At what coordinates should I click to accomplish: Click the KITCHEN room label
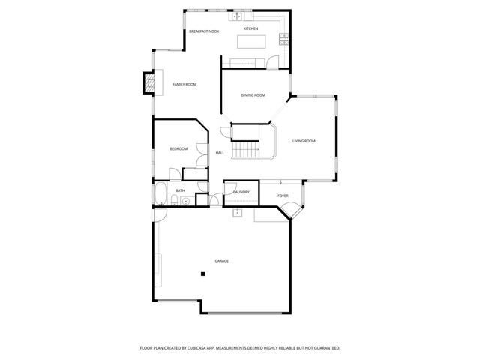click(x=250, y=28)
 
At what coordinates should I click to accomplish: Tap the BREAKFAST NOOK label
click(x=204, y=31)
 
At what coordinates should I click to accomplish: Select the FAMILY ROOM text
click(x=184, y=84)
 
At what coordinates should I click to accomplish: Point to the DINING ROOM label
click(x=253, y=95)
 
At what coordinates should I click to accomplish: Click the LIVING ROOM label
click(x=304, y=141)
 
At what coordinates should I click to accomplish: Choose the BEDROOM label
click(x=178, y=149)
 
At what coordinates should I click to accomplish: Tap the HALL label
click(x=220, y=153)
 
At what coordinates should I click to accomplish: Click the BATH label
click(x=180, y=190)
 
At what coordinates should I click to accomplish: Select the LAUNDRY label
click(x=241, y=192)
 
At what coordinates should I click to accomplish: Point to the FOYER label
click(x=283, y=196)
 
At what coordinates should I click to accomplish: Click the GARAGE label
click(x=222, y=260)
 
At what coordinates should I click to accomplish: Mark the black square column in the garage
click(x=202, y=274)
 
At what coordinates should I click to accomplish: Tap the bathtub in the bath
click(x=160, y=195)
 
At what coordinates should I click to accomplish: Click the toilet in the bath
click(x=184, y=201)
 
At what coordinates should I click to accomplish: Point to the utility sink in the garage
click(x=238, y=213)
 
